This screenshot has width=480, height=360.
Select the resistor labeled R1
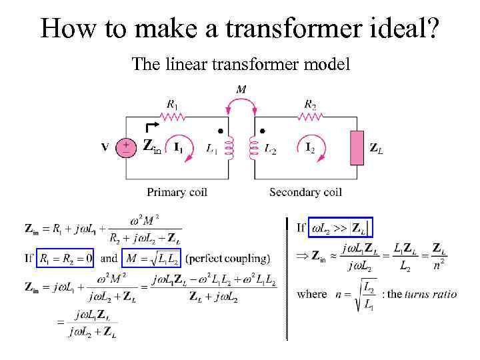coord(173,117)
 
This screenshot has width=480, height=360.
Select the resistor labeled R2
coord(310,117)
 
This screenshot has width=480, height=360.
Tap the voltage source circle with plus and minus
coord(125,147)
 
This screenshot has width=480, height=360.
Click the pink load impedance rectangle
coord(357,147)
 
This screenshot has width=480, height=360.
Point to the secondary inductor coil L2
coord(253,148)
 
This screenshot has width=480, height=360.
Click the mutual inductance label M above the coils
coord(240,89)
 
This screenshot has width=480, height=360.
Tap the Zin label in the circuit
coord(151,147)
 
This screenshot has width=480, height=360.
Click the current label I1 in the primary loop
coord(178,147)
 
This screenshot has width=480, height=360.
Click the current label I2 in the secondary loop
coord(310,147)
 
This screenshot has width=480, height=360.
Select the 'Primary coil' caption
coord(177,192)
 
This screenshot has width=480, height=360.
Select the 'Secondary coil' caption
coord(305,192)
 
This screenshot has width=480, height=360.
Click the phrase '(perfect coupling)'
coord(227,258)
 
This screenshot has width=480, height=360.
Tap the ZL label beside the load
coord(376,148)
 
